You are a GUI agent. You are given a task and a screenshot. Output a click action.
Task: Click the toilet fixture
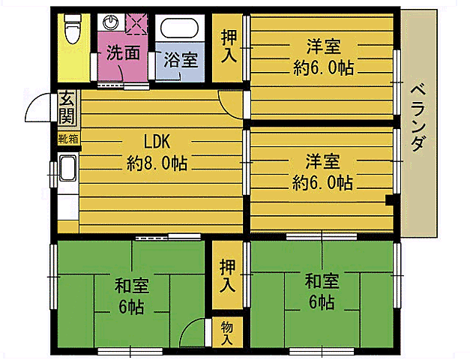(x=72, y=29)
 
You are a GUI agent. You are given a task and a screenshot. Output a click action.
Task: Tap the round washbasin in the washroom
(x=111, y=22)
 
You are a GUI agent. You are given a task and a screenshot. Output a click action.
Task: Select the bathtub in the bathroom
(x=179, y=28)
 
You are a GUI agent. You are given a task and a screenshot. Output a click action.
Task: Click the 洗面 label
(x=123, y=52)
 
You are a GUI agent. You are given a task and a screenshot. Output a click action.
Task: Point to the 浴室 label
(x=181, y=60)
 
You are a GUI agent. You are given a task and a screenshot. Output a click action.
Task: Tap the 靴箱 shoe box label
(x=69, y=139)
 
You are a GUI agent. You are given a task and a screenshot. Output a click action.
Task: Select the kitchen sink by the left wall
(x=67, y=168)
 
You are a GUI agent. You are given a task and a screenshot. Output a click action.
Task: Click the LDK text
(x=157, y=142)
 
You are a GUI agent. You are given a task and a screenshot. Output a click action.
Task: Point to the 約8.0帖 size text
(x=157, y=163)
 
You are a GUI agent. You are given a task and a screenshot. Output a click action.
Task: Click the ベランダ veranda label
(x=418, y=118)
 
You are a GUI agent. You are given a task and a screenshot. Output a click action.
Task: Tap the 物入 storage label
(x=227, y=333)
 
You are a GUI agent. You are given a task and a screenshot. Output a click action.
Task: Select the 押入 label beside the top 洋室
(x=229, y=46)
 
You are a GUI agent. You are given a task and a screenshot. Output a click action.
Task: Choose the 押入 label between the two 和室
(x=228, y=276)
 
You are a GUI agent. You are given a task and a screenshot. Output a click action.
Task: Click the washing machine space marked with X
(x=136, y=24)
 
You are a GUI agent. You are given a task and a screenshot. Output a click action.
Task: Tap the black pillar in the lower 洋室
(x=390, y=200)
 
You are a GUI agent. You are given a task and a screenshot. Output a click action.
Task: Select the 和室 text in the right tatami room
(x=322, y=281)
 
